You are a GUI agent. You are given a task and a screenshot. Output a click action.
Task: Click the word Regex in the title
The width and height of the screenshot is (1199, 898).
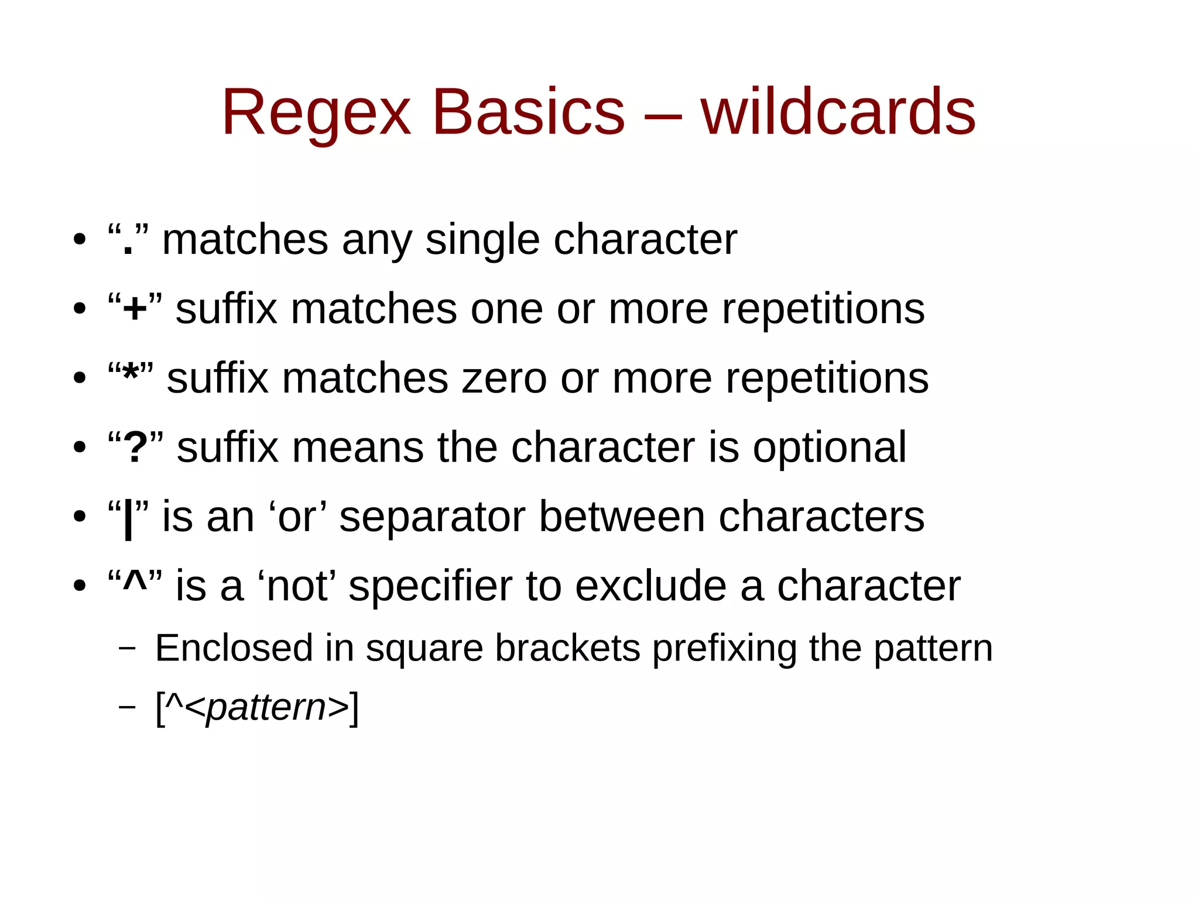point(316,113)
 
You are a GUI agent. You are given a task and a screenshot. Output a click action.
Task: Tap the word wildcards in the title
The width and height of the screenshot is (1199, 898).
point(838,112)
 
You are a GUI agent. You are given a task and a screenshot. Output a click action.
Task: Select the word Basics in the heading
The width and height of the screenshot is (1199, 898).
point(528,112)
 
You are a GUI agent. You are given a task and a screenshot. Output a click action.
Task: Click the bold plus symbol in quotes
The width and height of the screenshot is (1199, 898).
point(135,309)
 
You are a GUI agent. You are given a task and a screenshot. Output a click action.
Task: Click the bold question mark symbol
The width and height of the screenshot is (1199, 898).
point(135,448)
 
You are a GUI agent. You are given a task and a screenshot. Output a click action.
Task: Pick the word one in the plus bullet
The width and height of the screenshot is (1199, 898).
point(506,309)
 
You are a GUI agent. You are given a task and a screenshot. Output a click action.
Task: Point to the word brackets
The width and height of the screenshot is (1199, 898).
point(567,648)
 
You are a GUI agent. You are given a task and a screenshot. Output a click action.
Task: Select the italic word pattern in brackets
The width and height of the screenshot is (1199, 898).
point(266,708)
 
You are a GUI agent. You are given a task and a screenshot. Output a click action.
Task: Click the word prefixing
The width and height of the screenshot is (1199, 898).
point(724,648)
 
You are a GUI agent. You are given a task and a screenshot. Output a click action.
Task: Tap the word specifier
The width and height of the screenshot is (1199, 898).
point(430,586)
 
